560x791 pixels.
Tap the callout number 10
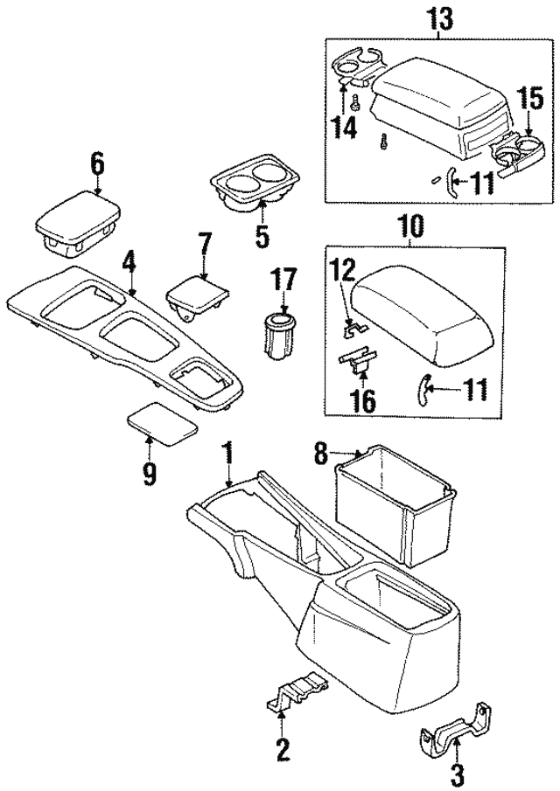(409, 227)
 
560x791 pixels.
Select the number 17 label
(285, 281)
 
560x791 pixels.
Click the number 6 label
(96, 163)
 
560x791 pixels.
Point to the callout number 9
(149, 473)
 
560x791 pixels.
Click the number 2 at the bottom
(282, 749)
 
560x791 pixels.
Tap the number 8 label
(320, 454)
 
